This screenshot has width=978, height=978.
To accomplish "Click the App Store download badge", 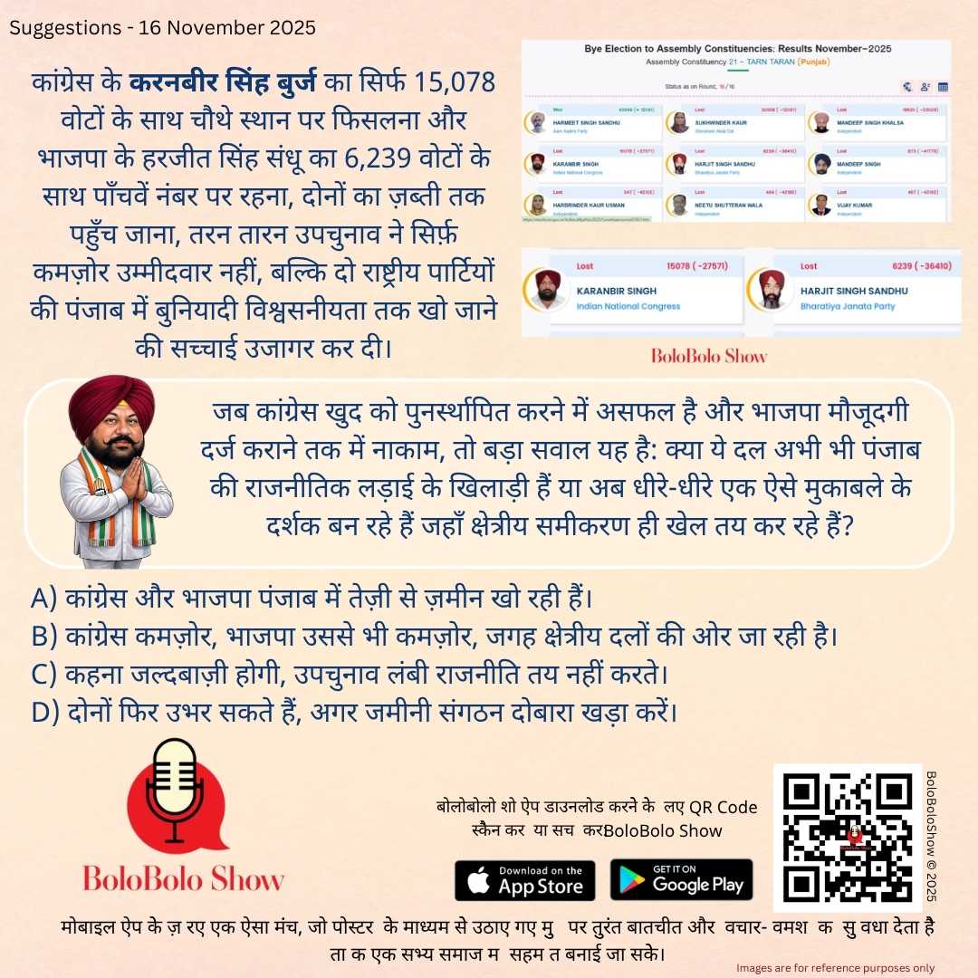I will tap(524, 879).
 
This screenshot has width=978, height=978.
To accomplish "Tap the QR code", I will tap(846, 837).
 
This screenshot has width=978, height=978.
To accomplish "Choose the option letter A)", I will tap(44, 599).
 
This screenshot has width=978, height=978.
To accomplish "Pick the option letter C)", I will tap(44, 674).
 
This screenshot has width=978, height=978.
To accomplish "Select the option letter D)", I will tap(45, 712).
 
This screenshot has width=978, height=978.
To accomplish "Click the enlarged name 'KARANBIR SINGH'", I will tap(617, 292).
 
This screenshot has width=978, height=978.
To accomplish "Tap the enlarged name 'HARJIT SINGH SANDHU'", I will tap(854, 292).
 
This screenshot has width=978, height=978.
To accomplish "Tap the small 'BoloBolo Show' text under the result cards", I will tap(709, 356).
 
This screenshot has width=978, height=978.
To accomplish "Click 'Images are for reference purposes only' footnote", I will tap(835, 968).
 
